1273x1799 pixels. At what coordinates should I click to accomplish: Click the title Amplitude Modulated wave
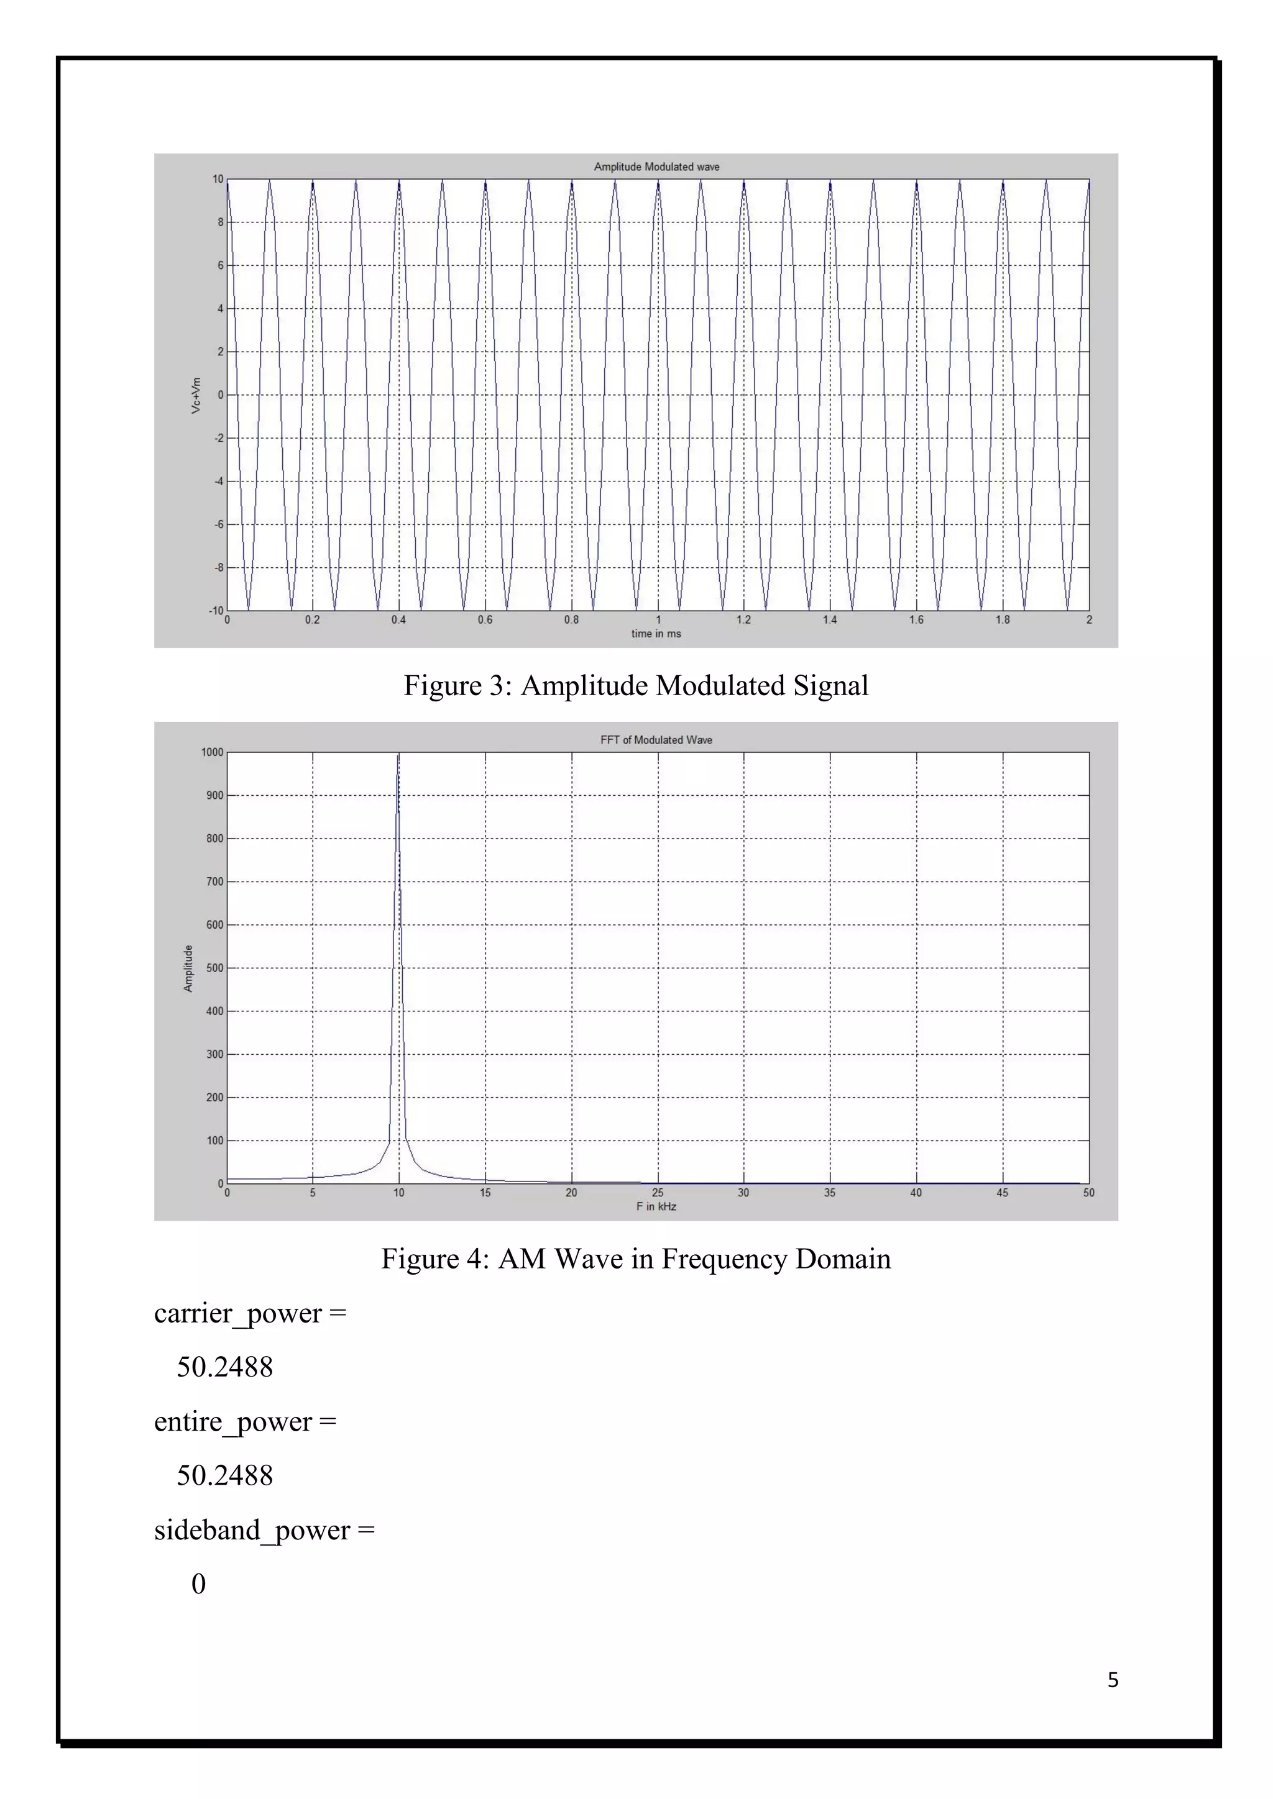[656, 167]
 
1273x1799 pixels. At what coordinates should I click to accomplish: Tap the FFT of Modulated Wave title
[656, 740]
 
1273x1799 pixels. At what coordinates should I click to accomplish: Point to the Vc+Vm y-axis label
[196, 396]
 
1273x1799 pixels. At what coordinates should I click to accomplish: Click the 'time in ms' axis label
[656, 634]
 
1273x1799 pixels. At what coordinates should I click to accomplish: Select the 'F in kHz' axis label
[656, 1206]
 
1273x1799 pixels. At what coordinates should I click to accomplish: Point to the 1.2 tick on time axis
[743, 620]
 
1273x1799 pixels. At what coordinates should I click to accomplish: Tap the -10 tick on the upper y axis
[216, 611]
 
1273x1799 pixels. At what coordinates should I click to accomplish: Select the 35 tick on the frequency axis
[829, 1193]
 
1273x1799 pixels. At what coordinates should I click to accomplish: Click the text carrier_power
[237, 1314]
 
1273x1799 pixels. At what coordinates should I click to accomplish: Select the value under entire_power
[224, 1476]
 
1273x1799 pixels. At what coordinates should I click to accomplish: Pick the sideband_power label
[252, 1530]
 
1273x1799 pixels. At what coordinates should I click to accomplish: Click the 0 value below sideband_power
[198, 1584]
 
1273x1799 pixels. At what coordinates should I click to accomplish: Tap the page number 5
[1112, 1680]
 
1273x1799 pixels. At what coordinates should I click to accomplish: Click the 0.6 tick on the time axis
[485, 620]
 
